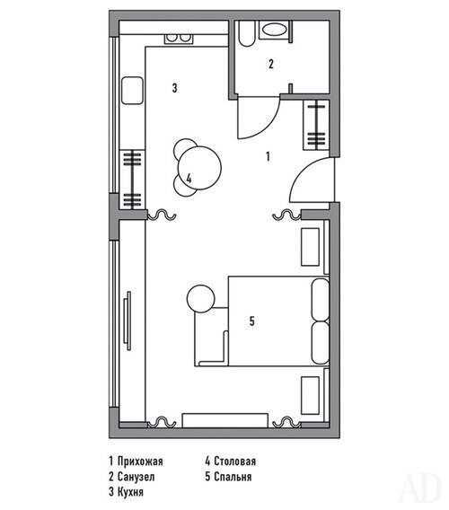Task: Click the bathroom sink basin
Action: pos(275,31)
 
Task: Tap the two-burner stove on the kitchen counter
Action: pos(179,39)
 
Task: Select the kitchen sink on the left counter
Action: pos(132,90)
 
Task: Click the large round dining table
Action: pos(199,168)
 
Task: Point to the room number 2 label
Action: pos(271,64)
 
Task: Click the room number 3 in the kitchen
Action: pos(175,88)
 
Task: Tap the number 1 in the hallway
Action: pos(268,156)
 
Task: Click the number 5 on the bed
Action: pos(252,321)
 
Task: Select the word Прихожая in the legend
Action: pos(140,462)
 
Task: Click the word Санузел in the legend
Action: pos(136,477)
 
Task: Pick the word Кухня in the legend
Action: pos(130,492)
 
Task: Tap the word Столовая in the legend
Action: pos(235,462)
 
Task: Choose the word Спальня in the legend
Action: pos(233,477)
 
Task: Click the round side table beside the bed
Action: pos(201,299)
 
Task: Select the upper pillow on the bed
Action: pos(321,300)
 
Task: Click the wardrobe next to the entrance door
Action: pos(316,125)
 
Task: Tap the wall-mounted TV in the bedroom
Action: pos(128,321)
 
